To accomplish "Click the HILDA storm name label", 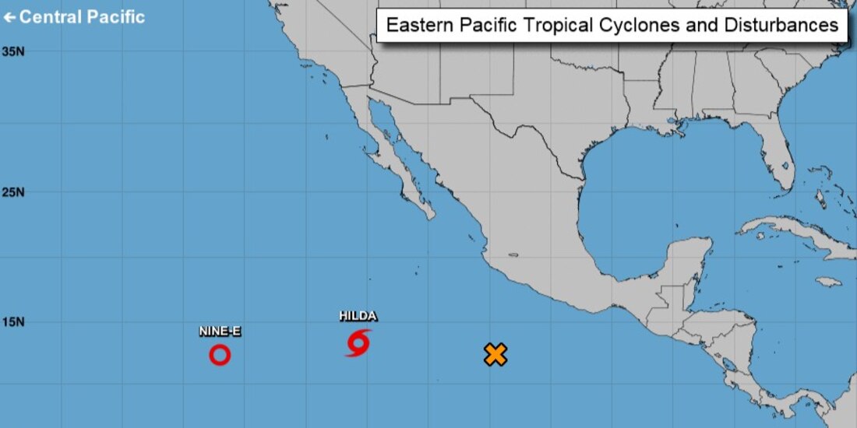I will pyautogui.click(x=358, y=316).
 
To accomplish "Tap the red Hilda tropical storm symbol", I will pyautogui.click(x=358, y=342).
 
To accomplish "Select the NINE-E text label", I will pyautogui.click(x=220, y=332).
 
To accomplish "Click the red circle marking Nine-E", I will pyautogui.click(x=220, y=355).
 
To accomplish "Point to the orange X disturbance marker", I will pyautogui.click(x=496, y=355).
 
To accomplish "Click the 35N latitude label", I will pyautogui.click(x=12, y=51).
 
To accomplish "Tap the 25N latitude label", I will pyautogui.click(x=12, y=192).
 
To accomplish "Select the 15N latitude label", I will pyautogui.click(x=12, y=321).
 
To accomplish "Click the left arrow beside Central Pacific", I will pyautogui.click(x=9, y=17).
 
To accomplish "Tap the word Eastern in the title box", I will pyautogui.click(x=417, y=25).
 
